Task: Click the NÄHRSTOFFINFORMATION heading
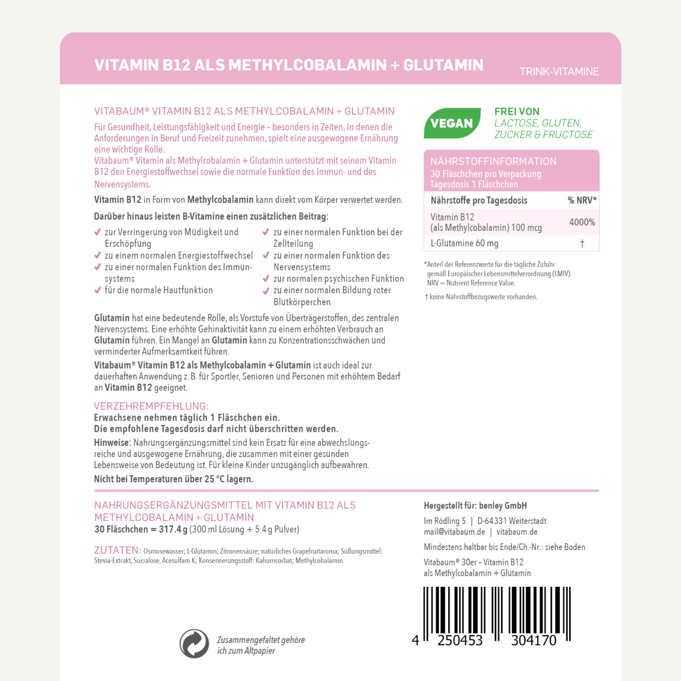pyautogui.click(x=493, y=161)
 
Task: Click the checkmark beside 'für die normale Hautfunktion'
pyautogui.click(x=98, y=290)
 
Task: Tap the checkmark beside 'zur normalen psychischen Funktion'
pyautogui.click(x=266, y=279)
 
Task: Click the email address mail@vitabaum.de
pyautogui.click(x=454, y=532)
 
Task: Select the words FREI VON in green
pyautogui.click(x=517, y=111)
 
